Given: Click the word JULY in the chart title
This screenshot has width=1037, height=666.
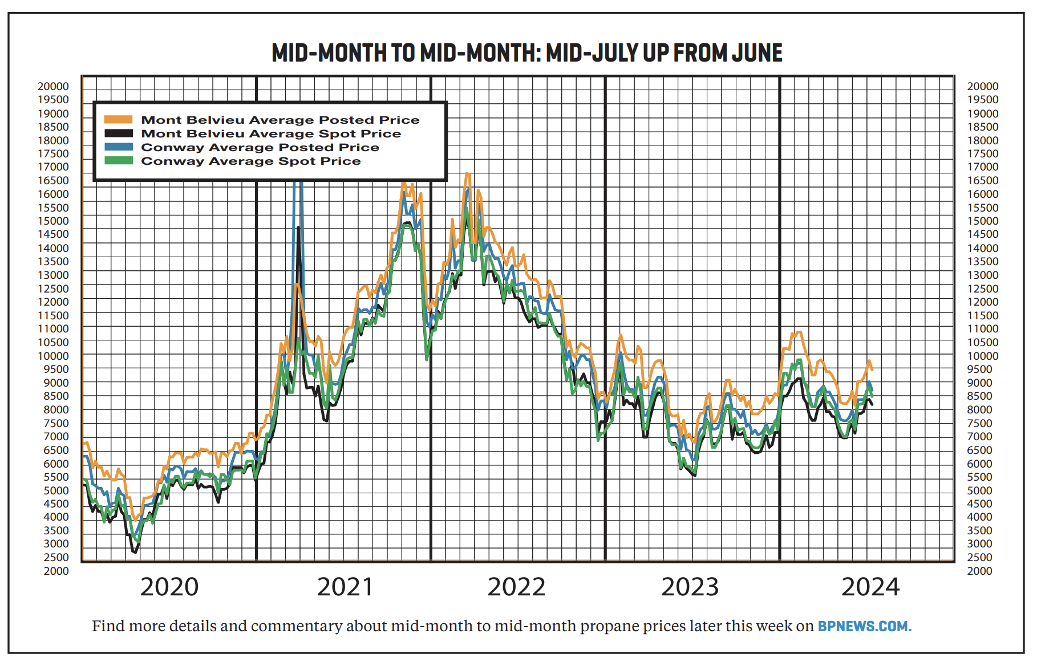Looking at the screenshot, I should click(614, 53).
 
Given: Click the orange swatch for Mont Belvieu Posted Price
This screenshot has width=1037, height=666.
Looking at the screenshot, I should click(118, 120).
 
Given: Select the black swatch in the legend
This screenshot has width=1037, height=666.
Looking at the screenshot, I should click(118, 133).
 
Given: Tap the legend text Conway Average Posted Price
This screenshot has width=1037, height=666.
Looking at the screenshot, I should click(260, 147).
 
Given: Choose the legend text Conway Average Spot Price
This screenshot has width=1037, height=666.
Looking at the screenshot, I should click(250, 161).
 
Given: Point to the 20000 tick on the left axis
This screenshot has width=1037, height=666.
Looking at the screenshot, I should click(53, 86).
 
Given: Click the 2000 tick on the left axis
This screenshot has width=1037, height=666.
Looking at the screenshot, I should click(56, 571).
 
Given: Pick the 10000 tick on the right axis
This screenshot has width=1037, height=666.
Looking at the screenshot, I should click(982, 356).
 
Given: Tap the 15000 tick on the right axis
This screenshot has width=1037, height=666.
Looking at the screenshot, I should click(982, 221).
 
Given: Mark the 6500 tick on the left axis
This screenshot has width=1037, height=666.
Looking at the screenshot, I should click(56, 450).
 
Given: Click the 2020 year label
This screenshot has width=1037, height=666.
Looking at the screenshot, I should click(169, 587).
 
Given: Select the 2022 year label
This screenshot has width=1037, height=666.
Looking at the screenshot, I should click(516, 587).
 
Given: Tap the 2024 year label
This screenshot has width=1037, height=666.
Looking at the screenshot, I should click(870, 587).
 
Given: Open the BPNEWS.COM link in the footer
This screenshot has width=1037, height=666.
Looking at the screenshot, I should click(864, 626).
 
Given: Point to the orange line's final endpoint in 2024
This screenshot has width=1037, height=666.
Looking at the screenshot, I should click(872, 371).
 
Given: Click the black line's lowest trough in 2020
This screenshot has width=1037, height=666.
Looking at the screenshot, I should click(135, 552).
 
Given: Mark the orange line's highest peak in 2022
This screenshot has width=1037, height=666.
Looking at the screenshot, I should click(467, 173).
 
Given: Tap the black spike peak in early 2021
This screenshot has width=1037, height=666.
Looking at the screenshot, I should click(298, 228).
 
